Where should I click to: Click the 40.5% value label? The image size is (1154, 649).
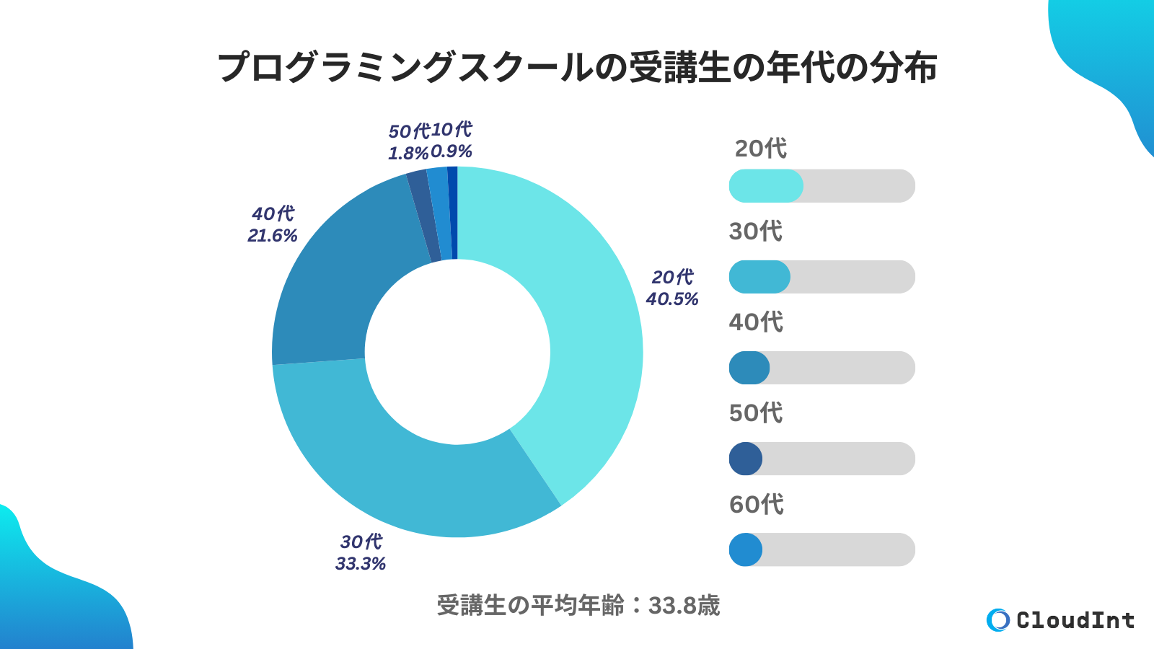click(x=672, y=299)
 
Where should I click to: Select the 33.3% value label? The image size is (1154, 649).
click(x=360, y=564)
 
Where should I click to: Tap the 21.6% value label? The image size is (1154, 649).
click(x=272, y=236)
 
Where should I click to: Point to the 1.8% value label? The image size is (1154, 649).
click(x=408, y=154)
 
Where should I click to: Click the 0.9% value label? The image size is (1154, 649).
click(x=452, y=151)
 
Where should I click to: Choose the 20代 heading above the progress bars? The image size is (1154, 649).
click(x=760, y=149)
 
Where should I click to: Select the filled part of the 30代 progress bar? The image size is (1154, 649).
click(x=759, y=277)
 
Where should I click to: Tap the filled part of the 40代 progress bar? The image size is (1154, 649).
click(x=749, y=368)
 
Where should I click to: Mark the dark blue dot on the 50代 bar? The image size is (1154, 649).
click(x=746, y=459)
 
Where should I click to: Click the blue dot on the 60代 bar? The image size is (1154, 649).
click(x=746, y=549)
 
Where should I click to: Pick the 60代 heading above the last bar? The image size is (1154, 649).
click(x=756, y=504)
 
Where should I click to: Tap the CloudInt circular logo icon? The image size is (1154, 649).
click(x=998, y=620)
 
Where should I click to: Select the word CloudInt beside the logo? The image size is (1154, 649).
click(x=1075, y=620)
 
